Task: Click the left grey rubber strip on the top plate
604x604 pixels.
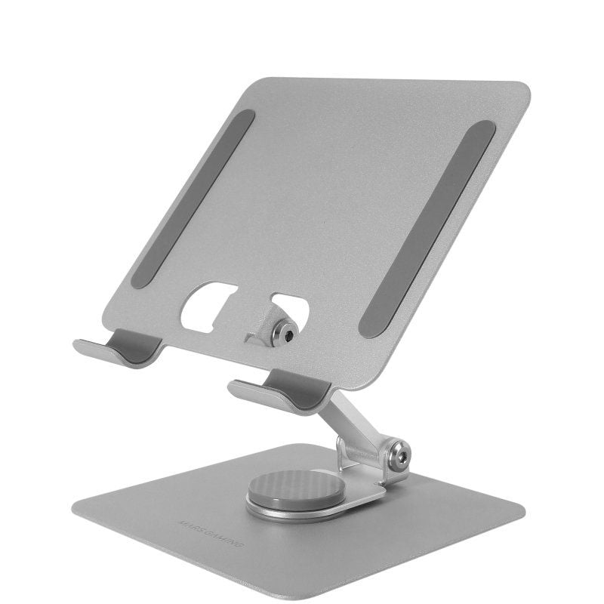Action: (x=193, y=198)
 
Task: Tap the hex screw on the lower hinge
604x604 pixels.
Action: (x=397, y=455)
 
